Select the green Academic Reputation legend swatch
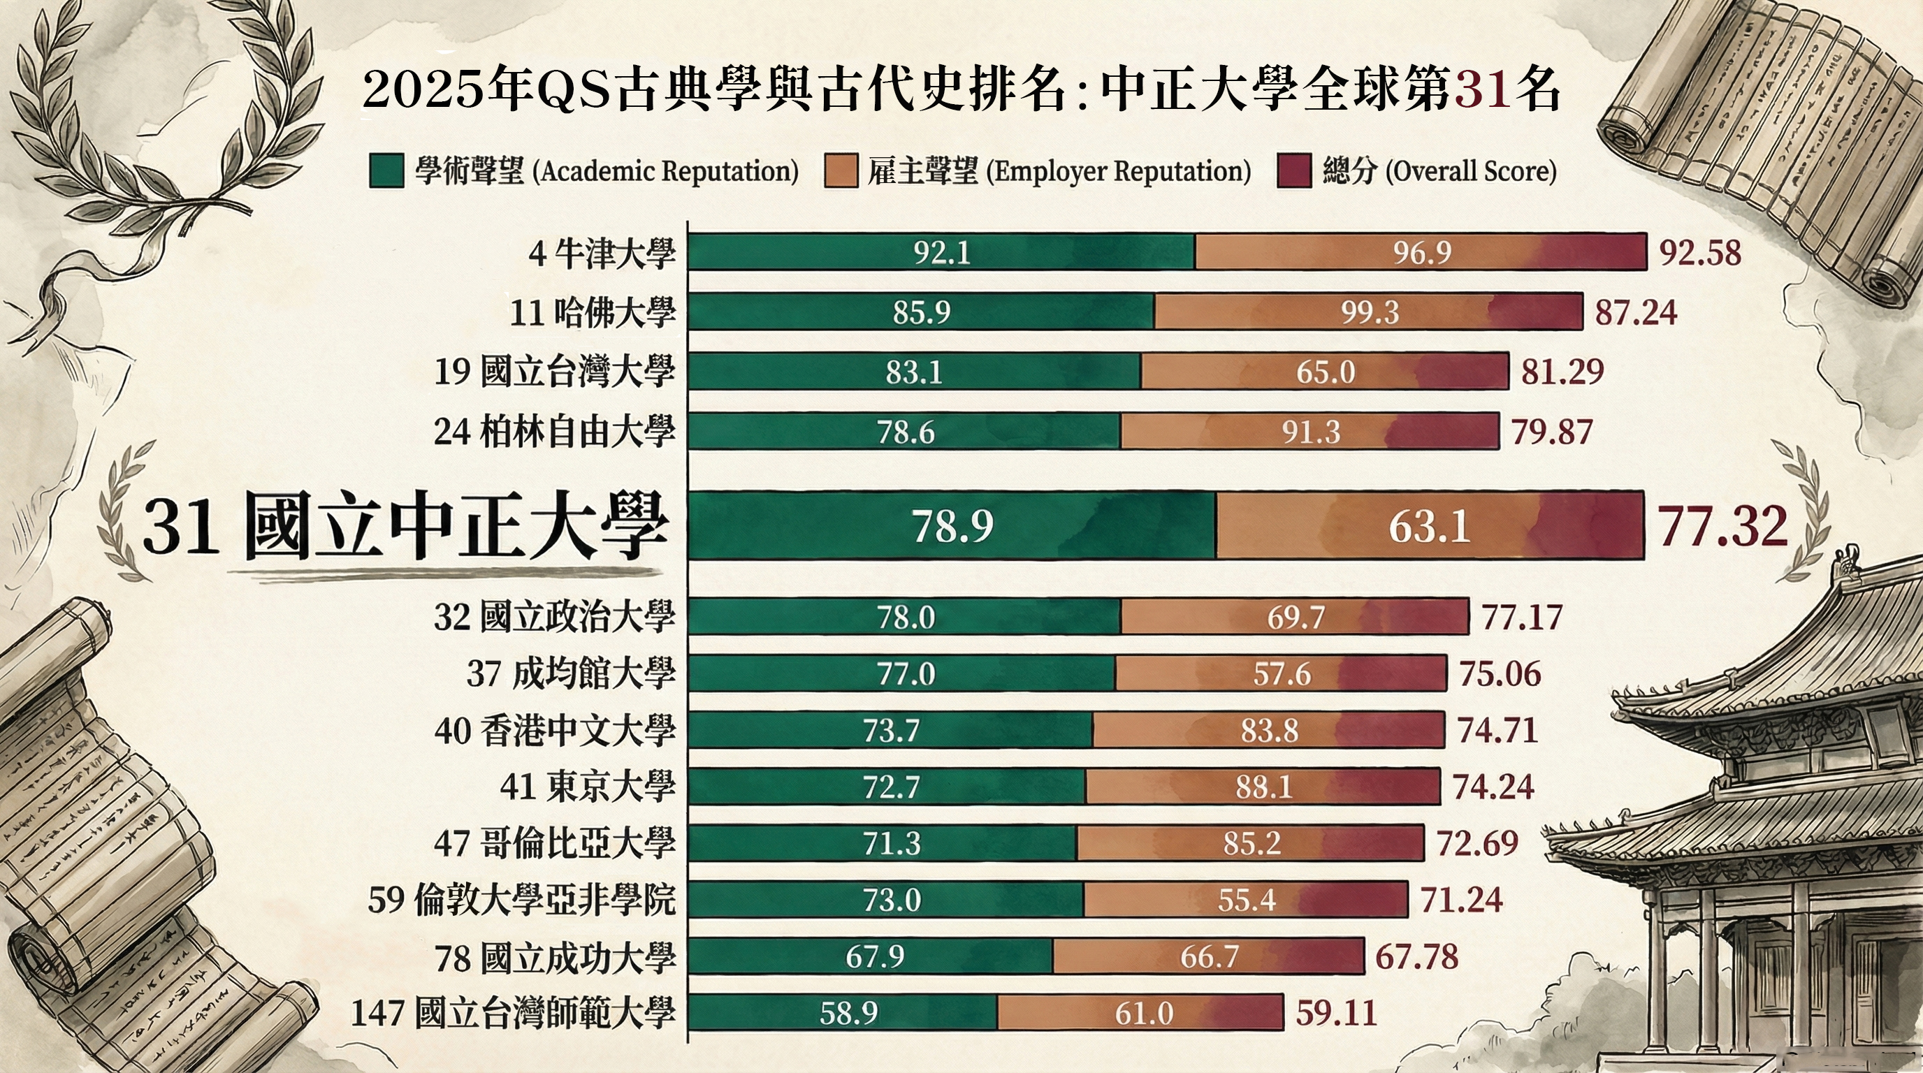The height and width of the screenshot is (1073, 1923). (x=386, y=171)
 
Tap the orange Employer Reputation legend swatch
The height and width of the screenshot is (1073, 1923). (x=841, y=171)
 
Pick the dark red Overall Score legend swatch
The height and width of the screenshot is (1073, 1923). (x=1293, y=171)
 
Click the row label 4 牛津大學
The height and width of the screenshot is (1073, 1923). (x=602, y=254)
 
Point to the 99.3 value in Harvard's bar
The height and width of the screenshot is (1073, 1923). (x=1369, y=312)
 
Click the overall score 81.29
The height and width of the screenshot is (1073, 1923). (x=1562, y=372)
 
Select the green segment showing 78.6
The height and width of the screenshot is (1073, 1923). (x=905, y=432)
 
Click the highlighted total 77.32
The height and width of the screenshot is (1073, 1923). (x=1722, y=526)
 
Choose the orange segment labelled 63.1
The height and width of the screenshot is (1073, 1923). (x=1429, y=527)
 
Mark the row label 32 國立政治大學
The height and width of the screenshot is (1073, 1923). (x=554, y=617)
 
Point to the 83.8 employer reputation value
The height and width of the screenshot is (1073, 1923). (x=1269, y=731)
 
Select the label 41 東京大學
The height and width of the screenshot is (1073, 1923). (x=588, y=787)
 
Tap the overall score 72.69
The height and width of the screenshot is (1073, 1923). (x=1477, y=843)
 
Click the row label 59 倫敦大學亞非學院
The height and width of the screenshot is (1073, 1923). (x=521, y=900)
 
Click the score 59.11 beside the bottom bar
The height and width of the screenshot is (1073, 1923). (x=1336, y=1014)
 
